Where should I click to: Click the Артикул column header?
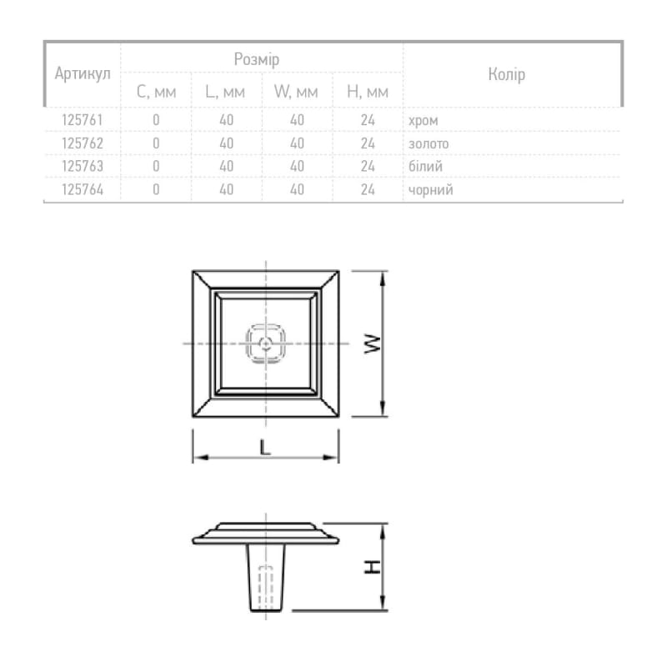click(83, 74)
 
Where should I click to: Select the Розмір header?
click(257, 59)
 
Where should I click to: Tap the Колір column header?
click(507, 74)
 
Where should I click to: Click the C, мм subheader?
click(156, 92)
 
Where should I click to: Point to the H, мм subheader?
click(368, 92)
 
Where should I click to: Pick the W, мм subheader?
click(296, 92)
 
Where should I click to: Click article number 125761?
click(83, 120)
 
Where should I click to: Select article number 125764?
click(83, 190)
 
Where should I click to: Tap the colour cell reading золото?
click(429, 143)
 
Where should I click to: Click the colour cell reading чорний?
click(430, 190)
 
